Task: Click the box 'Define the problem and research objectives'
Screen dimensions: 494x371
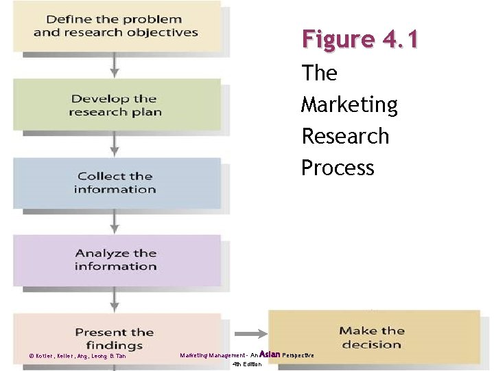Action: [x=116, y=26]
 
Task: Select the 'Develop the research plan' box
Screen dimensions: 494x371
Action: [x=116, y=104]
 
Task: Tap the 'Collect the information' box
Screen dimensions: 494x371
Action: [x=116, y=183]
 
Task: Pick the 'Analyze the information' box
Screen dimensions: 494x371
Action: [x=116, y=260]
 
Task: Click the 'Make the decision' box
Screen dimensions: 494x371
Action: [x=374, y=337]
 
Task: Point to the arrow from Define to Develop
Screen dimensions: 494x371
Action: [x=115, y=65]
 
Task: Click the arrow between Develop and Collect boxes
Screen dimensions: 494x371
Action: [x=115, y=144]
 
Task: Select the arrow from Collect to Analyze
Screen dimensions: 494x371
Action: [x=115, y=221]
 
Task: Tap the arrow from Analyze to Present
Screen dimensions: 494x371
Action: [x=115, y=300]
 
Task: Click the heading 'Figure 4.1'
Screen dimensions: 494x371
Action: [x=360, y=39]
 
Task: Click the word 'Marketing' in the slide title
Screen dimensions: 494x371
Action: [x=349, y=104]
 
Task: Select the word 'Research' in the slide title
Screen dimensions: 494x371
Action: [x=345, y=136]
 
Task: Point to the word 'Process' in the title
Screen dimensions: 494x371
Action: [x=338, y=168]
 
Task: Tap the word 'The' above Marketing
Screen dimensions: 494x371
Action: [x=319, y=73]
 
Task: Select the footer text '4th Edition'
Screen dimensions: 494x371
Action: [x=247, y=364]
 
